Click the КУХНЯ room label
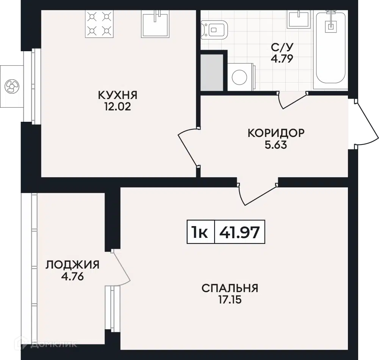[x=118, y=95]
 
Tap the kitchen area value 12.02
[x=118, y=107]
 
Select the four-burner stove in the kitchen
[x=99, y=24]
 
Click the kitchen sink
[x=155, y=24]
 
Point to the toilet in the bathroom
[x=215, y=30]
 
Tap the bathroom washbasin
[x=299, y=19]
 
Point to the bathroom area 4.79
[x=282, y=59]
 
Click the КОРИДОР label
[x=276, y=133]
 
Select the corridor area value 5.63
[x=276, y=145]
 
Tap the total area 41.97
[x=240, y=232]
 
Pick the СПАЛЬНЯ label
[x=230, y=288]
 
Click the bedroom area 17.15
[x=230, y=300]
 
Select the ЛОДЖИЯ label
[x=72, y=265]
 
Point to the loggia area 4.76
[x=72, y=276]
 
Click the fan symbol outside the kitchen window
[x=12, y=86]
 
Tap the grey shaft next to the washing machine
[x=212, y=72]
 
